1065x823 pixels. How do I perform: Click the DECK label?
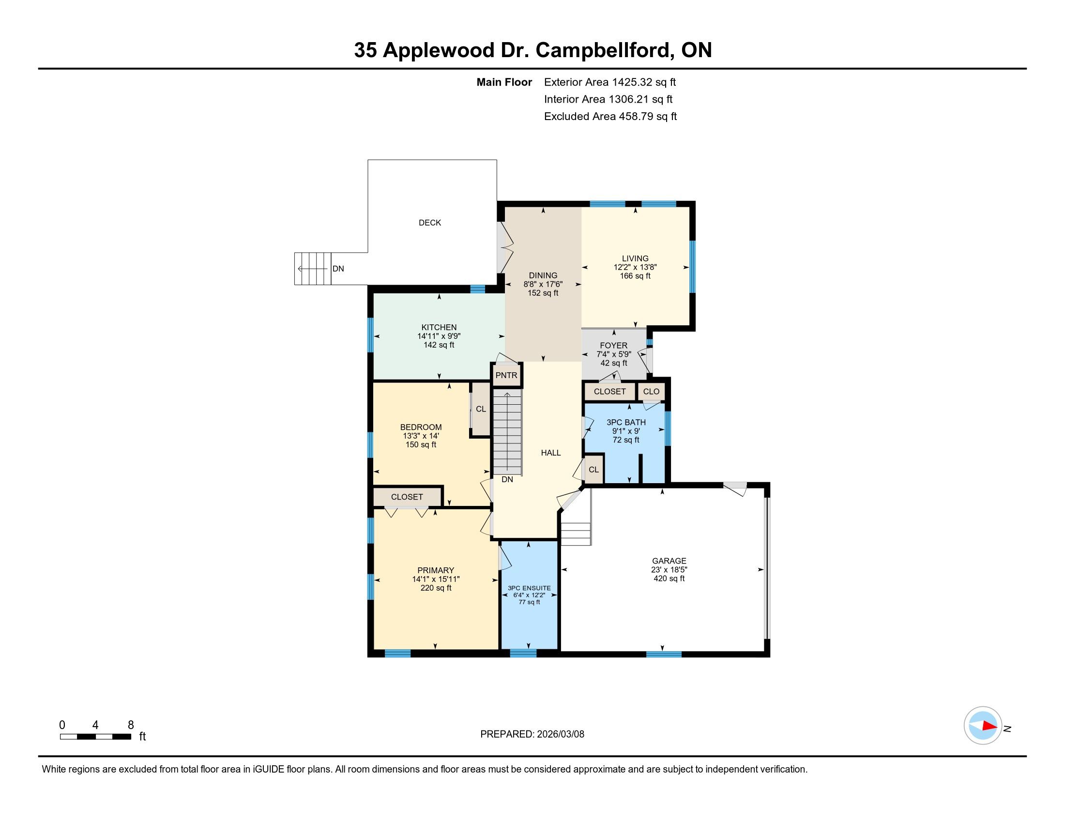point(429,223)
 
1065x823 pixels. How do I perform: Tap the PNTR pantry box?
point(507,375)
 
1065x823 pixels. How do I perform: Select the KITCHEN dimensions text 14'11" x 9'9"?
point(439,336)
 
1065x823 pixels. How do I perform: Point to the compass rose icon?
point(983,725)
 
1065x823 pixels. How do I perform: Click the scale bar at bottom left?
point(95,736)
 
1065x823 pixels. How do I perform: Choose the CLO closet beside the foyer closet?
point(651,392)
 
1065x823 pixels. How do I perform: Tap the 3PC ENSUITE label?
point(529,588)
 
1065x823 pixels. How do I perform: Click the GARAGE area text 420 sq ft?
point(669,579)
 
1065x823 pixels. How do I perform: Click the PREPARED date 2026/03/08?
point(560,734)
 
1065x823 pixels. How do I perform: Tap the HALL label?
point(551,453)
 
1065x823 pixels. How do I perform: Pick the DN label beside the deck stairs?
point(338,269)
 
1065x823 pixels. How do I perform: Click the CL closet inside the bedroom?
point(480,409)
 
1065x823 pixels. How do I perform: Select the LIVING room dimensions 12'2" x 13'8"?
point(636,267)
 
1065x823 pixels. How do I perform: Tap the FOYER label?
point(613,346)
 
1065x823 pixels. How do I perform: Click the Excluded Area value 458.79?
point(636,116)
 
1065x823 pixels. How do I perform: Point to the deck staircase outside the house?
point(313,269)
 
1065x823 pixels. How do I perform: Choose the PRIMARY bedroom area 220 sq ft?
point(436,588)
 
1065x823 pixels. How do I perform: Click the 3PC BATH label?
point(626,422)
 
